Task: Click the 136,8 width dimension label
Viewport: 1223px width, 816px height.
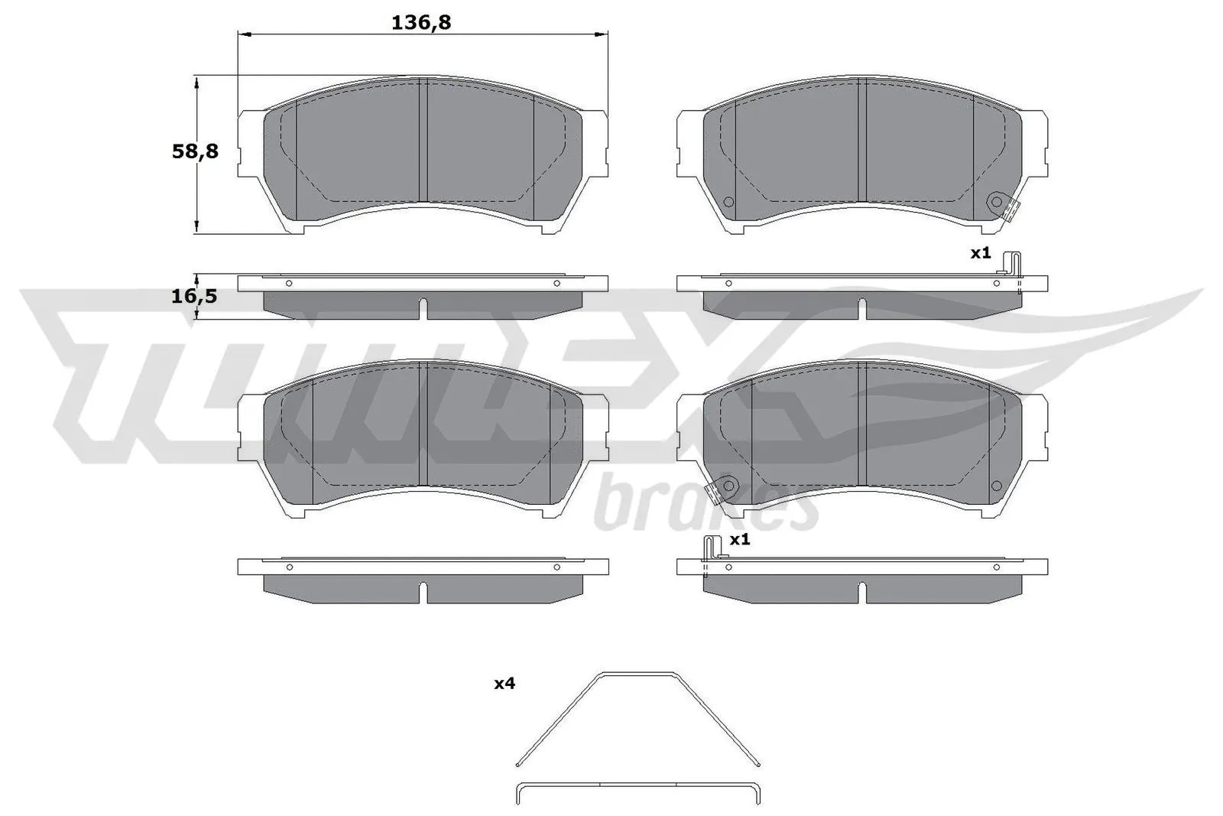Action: click(x=421, y=23)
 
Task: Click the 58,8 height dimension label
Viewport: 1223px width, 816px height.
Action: click(x=195, y=151)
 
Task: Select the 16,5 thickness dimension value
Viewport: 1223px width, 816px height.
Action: click(x=194, y=296)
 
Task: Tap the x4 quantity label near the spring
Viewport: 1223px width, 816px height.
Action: click(x=504, y=684)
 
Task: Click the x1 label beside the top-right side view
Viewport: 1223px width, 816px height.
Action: click(x=981, y=252)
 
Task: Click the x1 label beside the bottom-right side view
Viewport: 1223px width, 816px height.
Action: click(x=739, y=540)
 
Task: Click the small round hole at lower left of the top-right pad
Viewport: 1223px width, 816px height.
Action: click(x=728, y=202)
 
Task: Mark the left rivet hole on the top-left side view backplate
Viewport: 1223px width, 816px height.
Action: click(x=288, y=283)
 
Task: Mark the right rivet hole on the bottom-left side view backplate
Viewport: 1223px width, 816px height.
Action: click(x=556, y=567)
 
